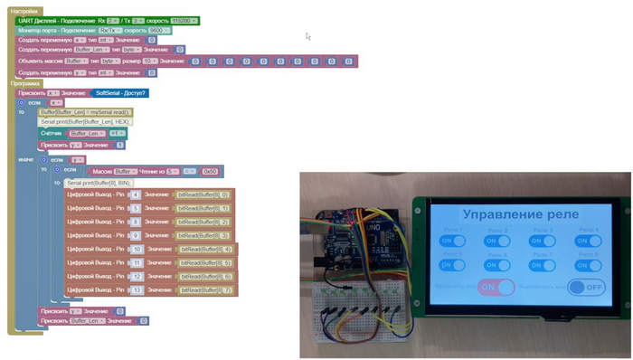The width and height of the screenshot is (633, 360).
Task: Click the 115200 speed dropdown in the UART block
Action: pos(181,20)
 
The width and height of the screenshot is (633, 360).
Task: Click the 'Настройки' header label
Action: pos(24,11)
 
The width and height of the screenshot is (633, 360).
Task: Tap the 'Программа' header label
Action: pos(25,83)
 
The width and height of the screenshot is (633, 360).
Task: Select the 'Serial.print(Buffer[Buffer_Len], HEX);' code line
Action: pos(87,121)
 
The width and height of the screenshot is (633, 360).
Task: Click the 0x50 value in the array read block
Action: pos(210,171)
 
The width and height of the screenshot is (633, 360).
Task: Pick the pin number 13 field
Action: pos(137,290)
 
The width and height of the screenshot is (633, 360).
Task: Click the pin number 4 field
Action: pos(136,194)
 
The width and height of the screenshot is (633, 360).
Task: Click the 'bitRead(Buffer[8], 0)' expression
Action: pos(203,194)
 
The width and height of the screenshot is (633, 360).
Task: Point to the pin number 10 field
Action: pos(137,249)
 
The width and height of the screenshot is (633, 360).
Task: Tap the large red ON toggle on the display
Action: pos(496,287)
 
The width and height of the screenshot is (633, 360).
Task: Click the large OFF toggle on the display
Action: pos(587,287)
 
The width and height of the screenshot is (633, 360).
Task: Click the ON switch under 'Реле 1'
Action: pos(450,242)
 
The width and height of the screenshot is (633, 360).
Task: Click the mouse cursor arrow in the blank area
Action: pos(307,37)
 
